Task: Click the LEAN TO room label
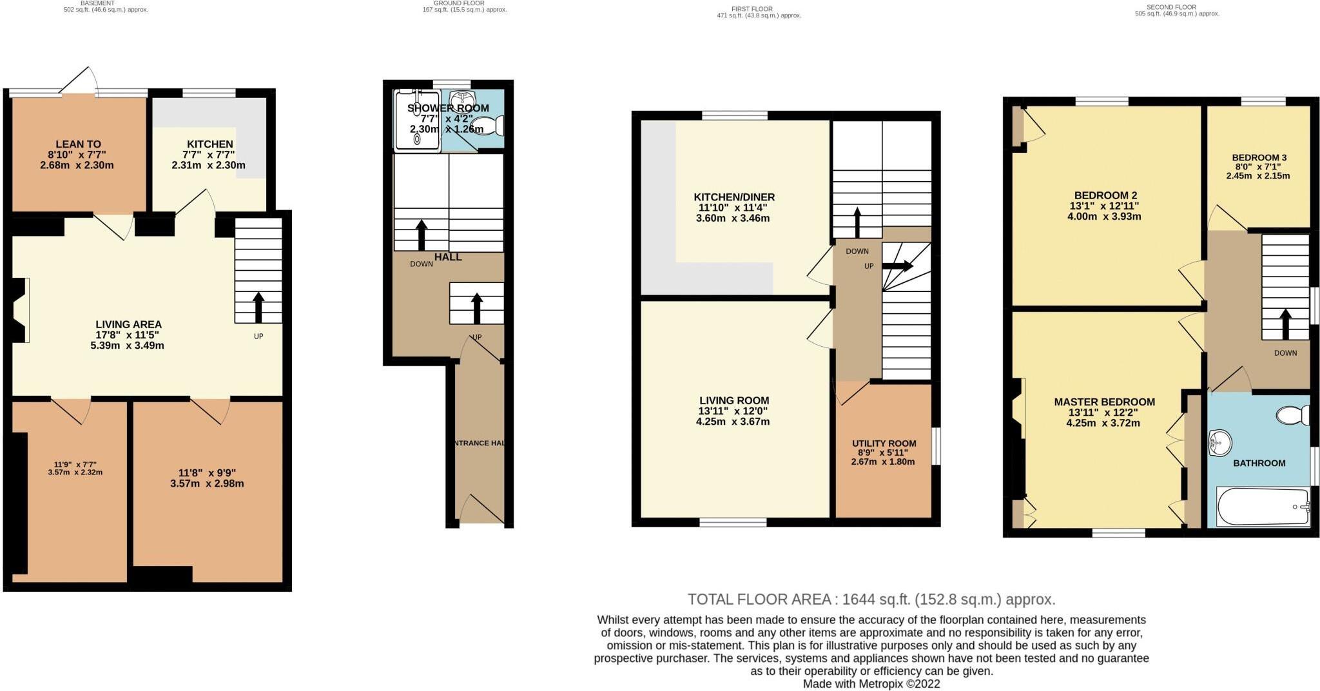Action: pos(78,144)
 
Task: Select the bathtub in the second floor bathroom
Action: pos(1263,507)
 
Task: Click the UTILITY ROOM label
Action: pos(884,443)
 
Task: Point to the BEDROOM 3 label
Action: pos(1259,157)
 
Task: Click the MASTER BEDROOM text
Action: pos(1104,402)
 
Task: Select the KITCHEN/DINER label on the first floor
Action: pos(733,197)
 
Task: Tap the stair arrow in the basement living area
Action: pos(258,307)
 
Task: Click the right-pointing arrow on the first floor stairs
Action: pos(901,266)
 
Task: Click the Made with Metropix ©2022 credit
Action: pos(871,684)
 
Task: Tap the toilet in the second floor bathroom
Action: pos(1294,414)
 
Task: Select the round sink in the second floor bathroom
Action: pos(1219,443)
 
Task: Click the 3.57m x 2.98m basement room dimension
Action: pos(206,483)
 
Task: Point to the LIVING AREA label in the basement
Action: pos(128,324)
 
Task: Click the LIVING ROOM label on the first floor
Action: pos(734,401)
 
